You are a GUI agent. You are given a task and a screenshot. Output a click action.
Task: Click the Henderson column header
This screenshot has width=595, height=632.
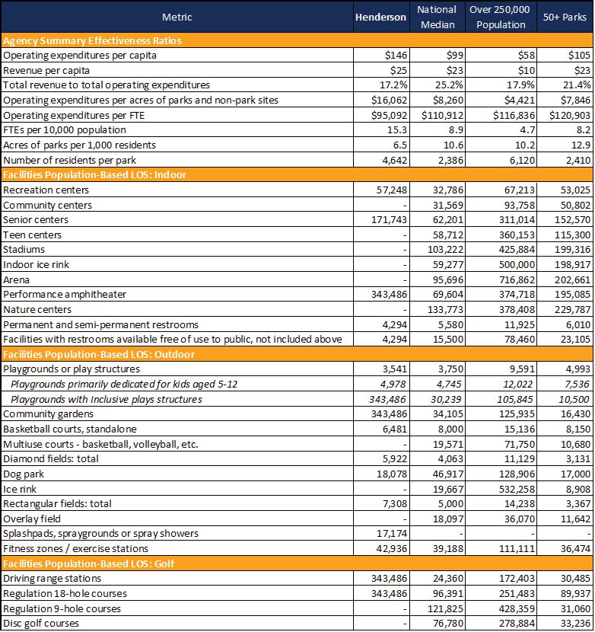pos(380,18)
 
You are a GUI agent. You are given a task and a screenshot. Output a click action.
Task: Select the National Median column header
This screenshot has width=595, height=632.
pos(437,17)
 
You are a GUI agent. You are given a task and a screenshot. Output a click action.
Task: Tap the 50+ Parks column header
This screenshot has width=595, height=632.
pos(565,17)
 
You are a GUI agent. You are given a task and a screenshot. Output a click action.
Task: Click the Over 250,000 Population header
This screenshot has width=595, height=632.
pos(500,17)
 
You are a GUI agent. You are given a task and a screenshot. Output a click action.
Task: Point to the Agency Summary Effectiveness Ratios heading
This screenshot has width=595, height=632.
pos(92,40)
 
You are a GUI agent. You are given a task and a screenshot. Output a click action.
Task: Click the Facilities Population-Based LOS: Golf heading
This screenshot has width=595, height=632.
pos(88,563)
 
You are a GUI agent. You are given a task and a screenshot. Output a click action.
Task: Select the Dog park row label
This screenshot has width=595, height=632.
pos(24,474)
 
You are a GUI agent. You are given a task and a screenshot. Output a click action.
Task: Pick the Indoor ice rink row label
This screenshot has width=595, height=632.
pos(36,264)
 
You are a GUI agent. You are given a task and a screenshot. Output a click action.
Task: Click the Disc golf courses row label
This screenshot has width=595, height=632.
pos(41,624)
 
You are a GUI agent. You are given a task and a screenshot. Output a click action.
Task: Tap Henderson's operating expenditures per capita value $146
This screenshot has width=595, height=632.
pos(396,56)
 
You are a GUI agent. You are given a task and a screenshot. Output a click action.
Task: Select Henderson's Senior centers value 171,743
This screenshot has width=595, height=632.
pos(389,219)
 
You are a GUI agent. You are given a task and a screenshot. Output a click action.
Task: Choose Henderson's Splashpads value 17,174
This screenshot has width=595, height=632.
pos(392,534)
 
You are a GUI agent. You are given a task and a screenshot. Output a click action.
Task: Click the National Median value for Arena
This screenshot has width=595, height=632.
pos(448,279)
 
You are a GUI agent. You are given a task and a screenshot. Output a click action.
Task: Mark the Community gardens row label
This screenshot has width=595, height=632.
pos(48,414)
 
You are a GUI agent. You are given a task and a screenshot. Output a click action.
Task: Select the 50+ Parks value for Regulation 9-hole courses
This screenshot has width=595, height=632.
pos(575,608)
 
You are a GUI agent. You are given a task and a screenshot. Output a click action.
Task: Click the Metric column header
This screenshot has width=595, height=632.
pos(177,18)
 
